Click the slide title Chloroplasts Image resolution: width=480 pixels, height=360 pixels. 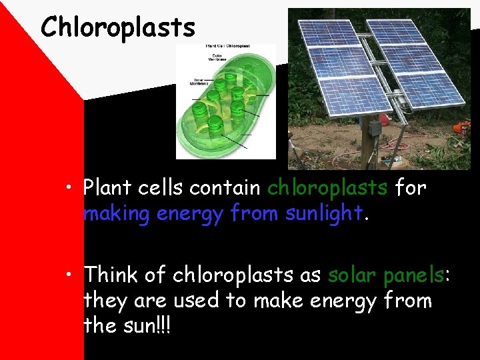pos(118,27)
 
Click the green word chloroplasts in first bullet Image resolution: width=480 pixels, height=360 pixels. pos(327,189)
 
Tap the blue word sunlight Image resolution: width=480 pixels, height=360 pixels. pos(323,213)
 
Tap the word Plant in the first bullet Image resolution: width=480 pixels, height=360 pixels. pos(108,189)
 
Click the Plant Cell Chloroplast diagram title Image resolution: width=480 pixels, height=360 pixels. pos(227,48)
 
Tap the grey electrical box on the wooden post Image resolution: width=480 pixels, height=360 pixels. pos(375,128)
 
